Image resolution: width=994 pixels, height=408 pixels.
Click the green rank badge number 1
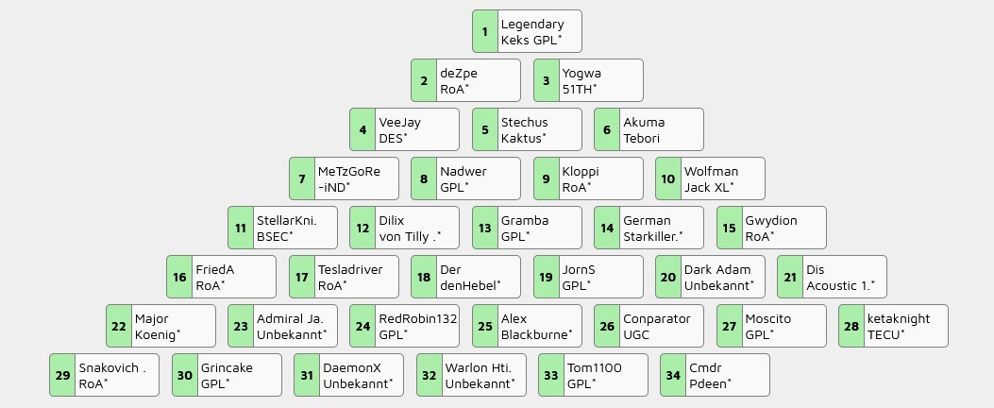click(484, 31)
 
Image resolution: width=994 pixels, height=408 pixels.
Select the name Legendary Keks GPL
click(532, 31)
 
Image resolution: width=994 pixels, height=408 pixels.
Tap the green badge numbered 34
click(672, 375)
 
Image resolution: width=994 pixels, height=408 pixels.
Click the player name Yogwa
click(581, 73)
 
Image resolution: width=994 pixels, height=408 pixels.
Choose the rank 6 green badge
click(606, 129)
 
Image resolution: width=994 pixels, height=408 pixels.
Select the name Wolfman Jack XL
click(711, 178)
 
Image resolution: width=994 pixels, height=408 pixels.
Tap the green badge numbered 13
click(484, 228)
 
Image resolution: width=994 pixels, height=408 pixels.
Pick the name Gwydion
click(770, 220)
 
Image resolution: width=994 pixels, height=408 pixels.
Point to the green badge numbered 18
click(423, 277)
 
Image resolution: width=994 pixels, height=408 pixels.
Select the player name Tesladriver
click(350, 269)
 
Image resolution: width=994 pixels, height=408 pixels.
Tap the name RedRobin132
click(417, 318)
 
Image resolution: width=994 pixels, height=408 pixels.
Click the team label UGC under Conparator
click(636, 334)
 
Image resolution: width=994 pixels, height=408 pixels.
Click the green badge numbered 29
click(62, 375)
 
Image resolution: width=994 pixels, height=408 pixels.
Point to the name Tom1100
click(594, 367)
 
